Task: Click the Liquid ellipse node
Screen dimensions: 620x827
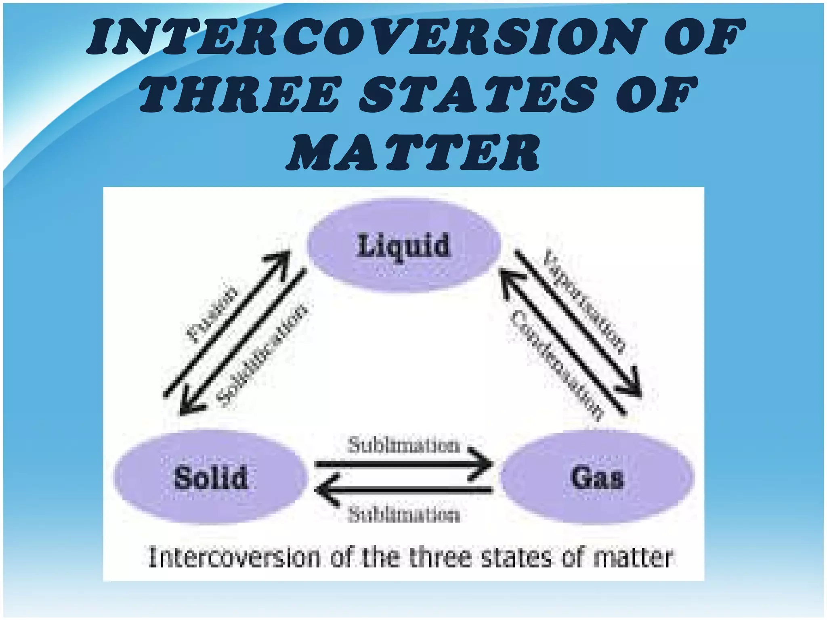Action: point(404,245)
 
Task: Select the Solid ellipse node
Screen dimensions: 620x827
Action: point(210,478)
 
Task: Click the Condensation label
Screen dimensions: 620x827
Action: point(557,365)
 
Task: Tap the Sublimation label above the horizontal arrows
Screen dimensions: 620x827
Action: point(404,446)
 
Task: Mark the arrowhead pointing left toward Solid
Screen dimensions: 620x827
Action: point(325,490)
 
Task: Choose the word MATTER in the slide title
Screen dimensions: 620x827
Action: point(413,152)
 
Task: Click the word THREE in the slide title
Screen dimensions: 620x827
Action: point(239,95)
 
